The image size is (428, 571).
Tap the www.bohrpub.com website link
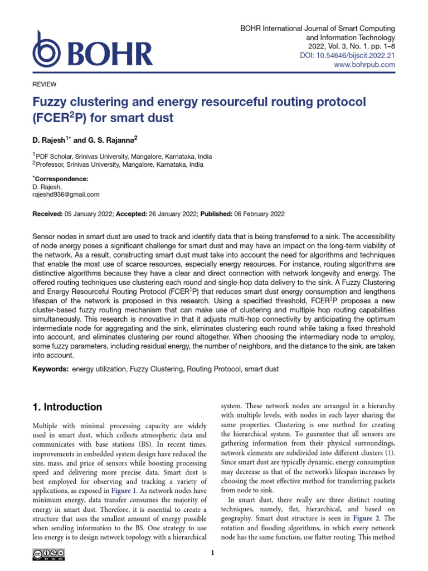coord(364,65)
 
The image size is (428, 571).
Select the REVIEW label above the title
coord(45,84)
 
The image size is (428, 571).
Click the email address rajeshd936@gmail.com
coord(66,195)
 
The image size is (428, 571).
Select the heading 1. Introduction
coord(68,407)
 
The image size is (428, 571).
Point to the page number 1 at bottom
coord(213,553)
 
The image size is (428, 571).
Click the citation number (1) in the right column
coord(391,453)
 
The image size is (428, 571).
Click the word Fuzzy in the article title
coord(50,103)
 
